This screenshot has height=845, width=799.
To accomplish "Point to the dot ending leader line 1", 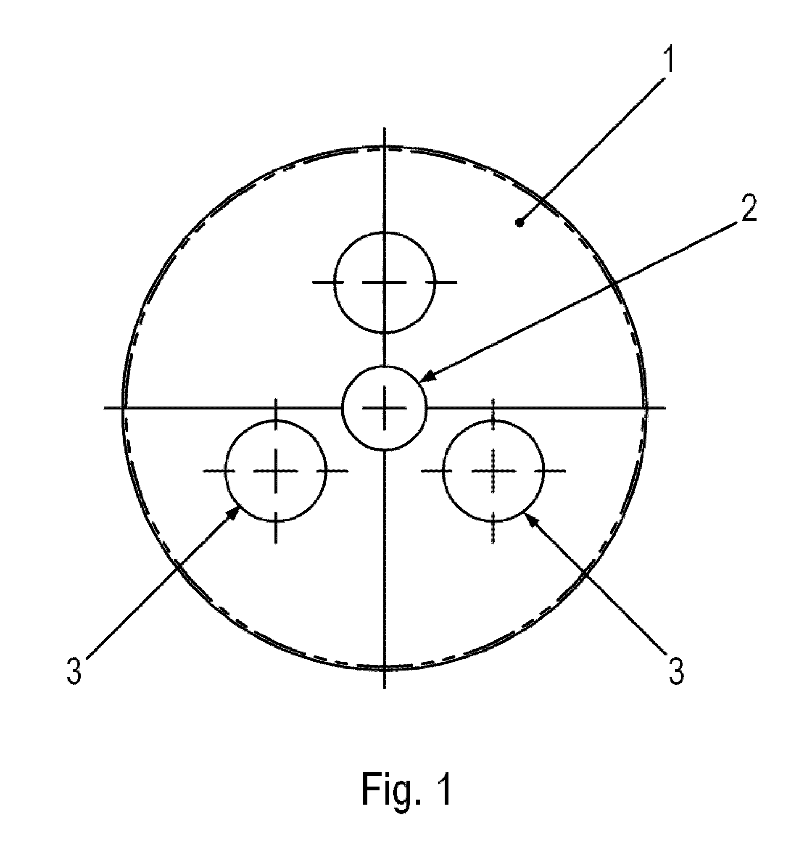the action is click(519, 222).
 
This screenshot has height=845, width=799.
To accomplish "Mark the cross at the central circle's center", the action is click(384, 408).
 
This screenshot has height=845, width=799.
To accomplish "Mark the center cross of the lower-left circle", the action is click(276, 470).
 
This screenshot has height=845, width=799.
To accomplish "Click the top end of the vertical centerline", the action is click(385, 127).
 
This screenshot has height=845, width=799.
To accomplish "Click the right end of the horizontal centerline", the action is click(665, 408).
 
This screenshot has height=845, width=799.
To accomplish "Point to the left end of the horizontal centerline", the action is click(104, 408).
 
